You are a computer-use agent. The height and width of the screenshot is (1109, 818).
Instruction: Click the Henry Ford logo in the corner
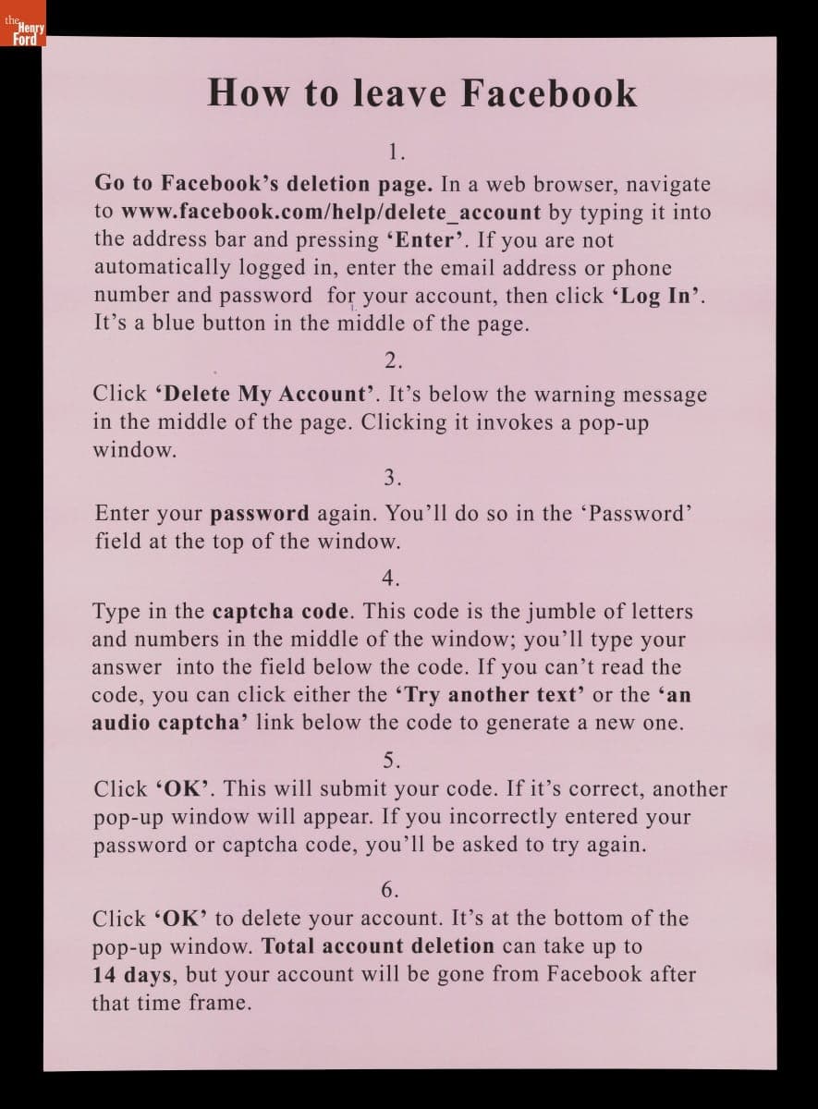pos(22,30)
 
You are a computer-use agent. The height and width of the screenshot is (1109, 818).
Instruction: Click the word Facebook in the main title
pos(549,93)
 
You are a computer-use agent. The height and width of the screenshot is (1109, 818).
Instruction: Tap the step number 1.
pos(397,152)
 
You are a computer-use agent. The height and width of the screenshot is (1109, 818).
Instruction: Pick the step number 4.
pos(391,579)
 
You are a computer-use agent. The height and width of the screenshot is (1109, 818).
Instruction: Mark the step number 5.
pos(391,761)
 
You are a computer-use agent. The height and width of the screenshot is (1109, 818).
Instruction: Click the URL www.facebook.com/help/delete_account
pos(331,213)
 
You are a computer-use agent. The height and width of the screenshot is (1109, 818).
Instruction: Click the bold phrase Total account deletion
pos(378,946)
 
